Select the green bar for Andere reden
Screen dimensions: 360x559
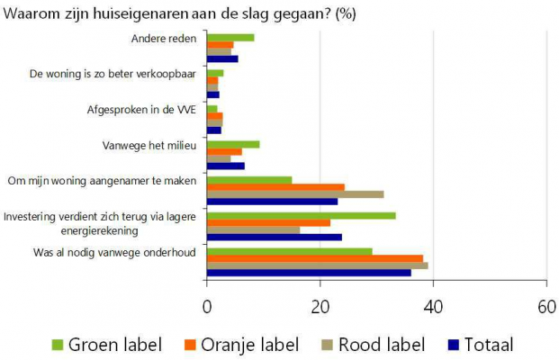click(230, 37)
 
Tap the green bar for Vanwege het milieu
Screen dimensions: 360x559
click(233, 144)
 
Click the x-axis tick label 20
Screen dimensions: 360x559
click(320, 305)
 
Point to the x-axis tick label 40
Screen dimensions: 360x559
click(433, 305)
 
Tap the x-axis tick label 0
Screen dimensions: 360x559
click(207, 305)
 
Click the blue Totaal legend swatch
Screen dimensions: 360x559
click(455, 344)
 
